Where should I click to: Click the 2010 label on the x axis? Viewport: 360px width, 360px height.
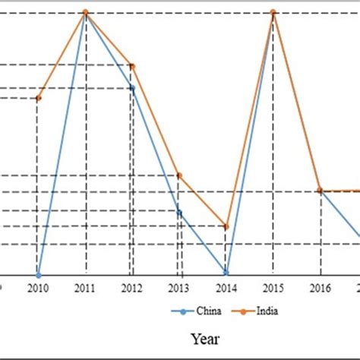pos(37,288)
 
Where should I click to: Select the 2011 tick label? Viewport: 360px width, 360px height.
pos(84,288)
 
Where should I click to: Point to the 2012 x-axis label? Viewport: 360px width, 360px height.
pos(131,288)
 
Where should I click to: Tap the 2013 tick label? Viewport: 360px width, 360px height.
pos(178,288)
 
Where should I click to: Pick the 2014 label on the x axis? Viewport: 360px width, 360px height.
pos(226,288)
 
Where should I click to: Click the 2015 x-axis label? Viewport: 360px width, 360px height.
pos(273,288)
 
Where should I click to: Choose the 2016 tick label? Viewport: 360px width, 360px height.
pos(320,288)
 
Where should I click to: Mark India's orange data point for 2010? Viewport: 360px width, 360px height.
pos(38,98)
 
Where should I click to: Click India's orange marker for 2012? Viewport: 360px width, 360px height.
pos(132,66)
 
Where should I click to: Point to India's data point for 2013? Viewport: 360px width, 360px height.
pos(179,175)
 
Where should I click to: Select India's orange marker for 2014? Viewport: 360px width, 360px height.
pos(226,226)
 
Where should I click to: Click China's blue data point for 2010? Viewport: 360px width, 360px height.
pos(38,274)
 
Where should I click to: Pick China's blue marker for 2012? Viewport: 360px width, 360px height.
pos(131,88)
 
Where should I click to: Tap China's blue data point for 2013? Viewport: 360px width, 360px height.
pos(178,212)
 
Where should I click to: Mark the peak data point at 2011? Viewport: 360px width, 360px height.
pos(85,12)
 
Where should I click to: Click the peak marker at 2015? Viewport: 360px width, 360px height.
pos(273,12)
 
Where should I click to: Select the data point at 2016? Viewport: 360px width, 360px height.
pos(320,191)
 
